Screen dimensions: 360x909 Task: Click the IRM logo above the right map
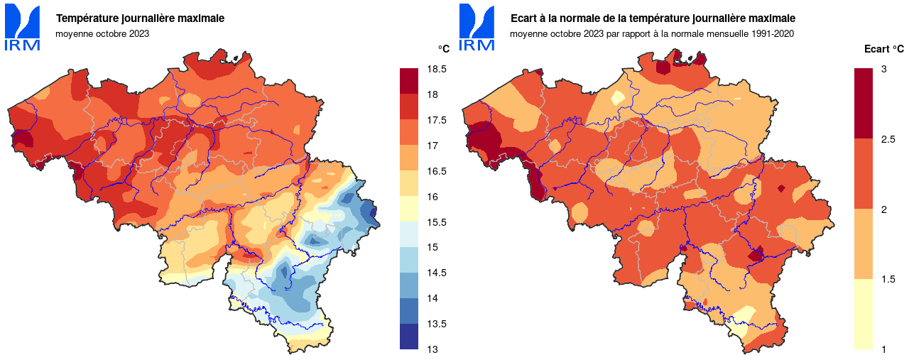(477, 27)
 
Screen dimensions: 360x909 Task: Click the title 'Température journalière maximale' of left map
(141, 18)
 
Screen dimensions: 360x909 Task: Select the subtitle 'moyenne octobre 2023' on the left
(102, 33)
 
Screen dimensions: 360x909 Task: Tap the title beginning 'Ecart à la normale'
(653, 18)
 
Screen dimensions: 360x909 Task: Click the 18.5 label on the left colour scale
(437, 70)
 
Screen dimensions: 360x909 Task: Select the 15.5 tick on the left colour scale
(437, 222)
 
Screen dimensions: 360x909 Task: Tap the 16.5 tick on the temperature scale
(437, 171)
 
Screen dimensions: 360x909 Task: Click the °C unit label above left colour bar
(443, 48)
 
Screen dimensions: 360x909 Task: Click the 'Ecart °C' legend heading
(883, 49)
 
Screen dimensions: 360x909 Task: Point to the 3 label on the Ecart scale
(883, 69)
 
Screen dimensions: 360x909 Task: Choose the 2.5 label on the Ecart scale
(888, 139)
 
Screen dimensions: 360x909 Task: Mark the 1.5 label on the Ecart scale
(888, 279)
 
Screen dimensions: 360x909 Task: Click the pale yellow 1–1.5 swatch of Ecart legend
(863, 314)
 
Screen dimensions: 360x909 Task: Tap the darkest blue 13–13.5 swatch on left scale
(410, 337)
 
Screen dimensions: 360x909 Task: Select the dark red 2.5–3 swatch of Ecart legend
(863, 104)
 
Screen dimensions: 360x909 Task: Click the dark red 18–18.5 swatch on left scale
(410, 82)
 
